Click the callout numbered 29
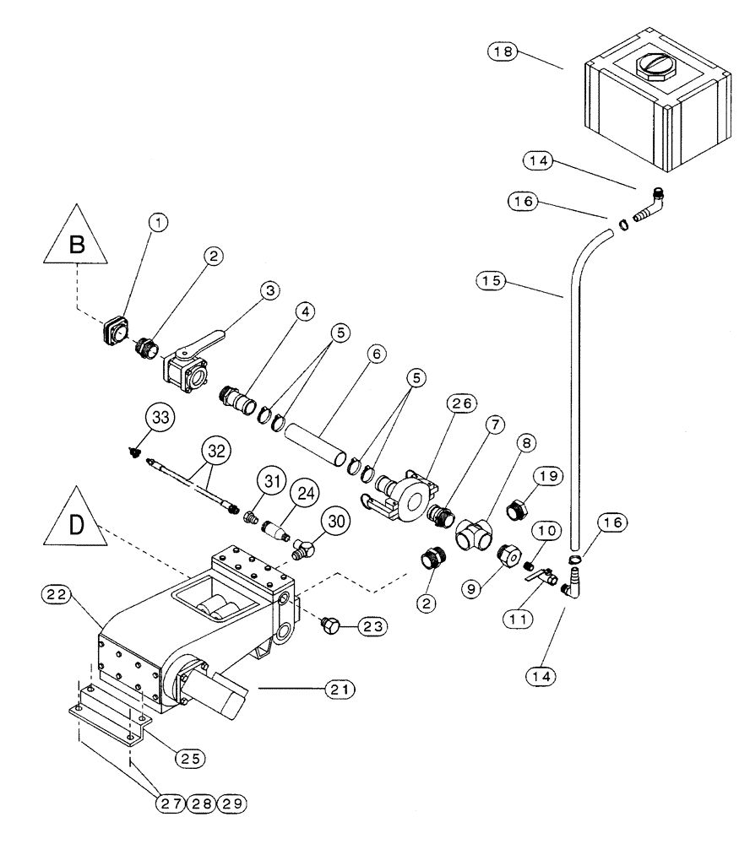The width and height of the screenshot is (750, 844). tap(232, 803)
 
